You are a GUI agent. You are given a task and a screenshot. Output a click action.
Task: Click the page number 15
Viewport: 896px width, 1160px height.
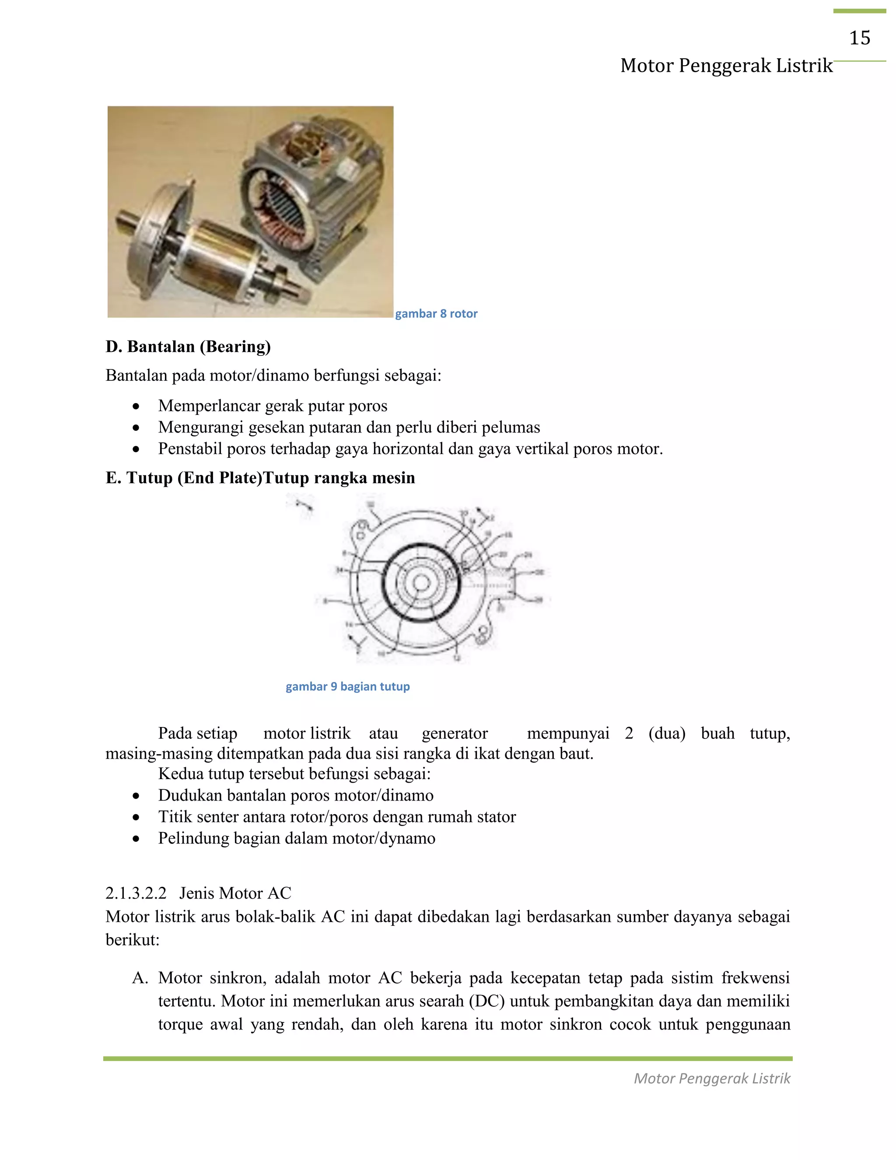click(x=859, y=38)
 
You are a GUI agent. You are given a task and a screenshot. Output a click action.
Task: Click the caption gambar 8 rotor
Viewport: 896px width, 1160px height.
click(x=436, y=313)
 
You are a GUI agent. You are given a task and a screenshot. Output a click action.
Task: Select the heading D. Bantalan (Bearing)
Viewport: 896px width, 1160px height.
click(x=188, y=346)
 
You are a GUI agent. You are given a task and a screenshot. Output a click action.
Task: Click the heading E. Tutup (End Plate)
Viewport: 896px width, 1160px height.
click(x=184, y=478)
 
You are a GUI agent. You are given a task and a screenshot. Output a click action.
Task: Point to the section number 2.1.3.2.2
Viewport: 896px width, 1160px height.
click(x=136, y=893)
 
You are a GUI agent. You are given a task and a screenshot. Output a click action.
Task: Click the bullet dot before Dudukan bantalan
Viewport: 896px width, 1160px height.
click(x=136, y=796)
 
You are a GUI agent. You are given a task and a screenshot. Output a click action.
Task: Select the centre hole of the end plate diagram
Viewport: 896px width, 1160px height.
click(x=421, y=583)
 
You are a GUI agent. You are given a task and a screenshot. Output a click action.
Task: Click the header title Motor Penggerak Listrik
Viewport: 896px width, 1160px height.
click(x=726, y=65)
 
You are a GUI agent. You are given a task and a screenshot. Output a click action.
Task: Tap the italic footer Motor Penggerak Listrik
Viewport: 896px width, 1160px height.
click(x=712, y=1078)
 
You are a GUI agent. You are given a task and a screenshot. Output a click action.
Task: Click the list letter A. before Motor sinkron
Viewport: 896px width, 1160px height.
click(x=140, y=978)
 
